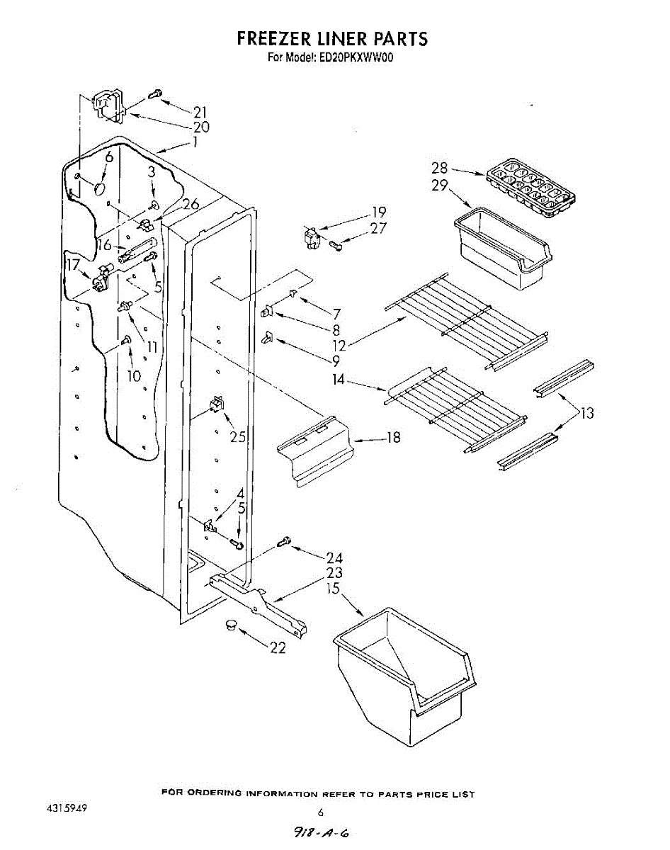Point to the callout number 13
(587, 413)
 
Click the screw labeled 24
(285, 542)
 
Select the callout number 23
(334, 572)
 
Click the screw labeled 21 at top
(156, 93)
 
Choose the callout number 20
(201, 127)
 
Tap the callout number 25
(238, 436)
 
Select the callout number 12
(339, 346)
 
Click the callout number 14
(339, 380)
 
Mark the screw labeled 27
(336, 245)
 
